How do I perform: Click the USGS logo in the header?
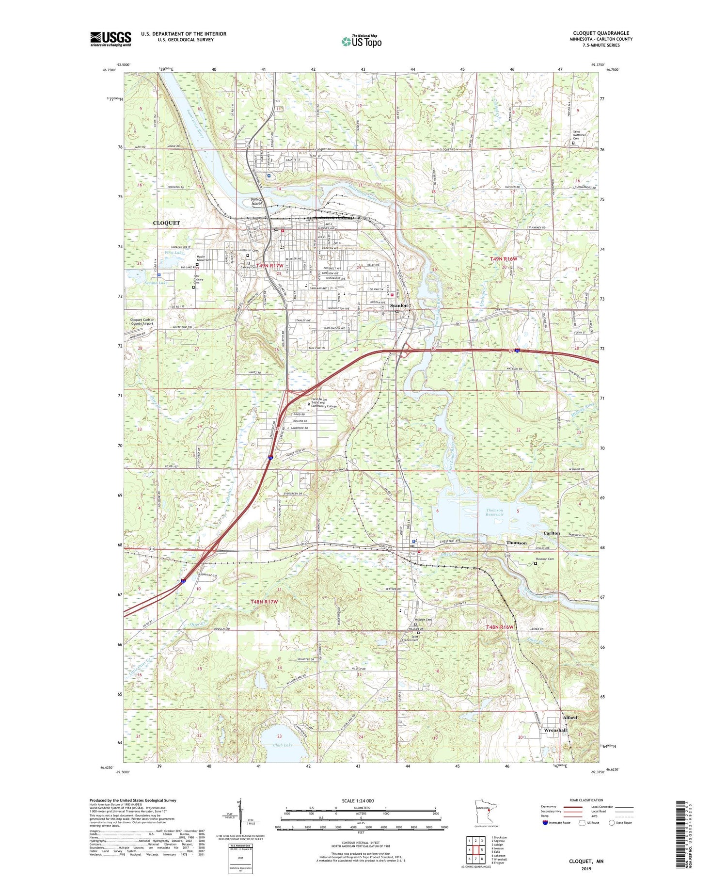click(111, 39)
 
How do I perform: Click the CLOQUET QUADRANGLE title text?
click(601, 33)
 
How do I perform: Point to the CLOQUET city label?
click(166, 223)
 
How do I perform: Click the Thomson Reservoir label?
click(494, 512)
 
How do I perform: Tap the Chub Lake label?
click(282, 745)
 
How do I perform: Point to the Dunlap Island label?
click(256, 201)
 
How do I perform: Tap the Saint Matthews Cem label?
click(580, 135)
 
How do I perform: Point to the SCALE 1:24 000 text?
click(360, 800)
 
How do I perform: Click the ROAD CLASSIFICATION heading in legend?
click(586, 800)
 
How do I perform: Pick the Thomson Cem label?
click(544, 559)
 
